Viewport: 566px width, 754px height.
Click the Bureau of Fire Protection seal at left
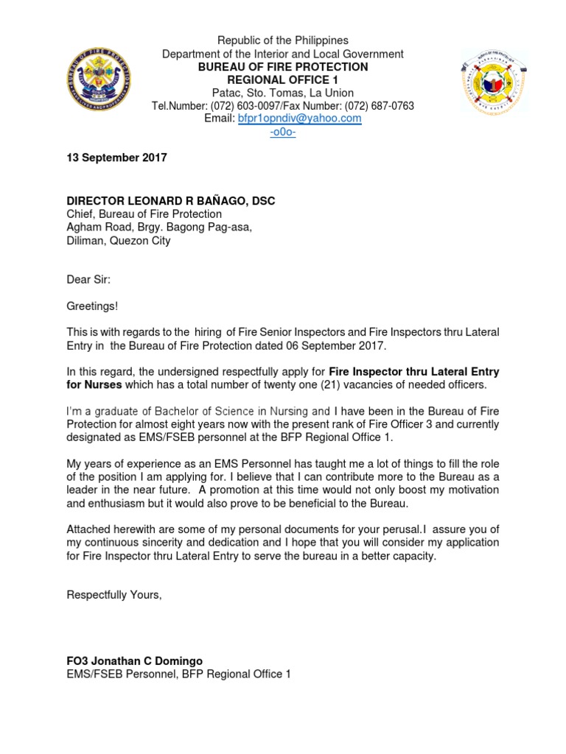click(x=101, y=81)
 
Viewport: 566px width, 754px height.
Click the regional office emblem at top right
click(x=495, y=82)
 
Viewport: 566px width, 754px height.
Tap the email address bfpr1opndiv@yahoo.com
click(x=299, y=119)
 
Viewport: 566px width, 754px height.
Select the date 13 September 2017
click(x=117, y=158)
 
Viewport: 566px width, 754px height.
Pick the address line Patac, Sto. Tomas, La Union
click(x=282, y=93)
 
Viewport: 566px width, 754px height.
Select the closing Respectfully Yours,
click(x=114, y=594)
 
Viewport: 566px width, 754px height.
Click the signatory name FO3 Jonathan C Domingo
click(x=134, y=660)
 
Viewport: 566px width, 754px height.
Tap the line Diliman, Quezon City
click(x=119, y=241)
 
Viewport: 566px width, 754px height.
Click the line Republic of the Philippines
click(x=282, y=40)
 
